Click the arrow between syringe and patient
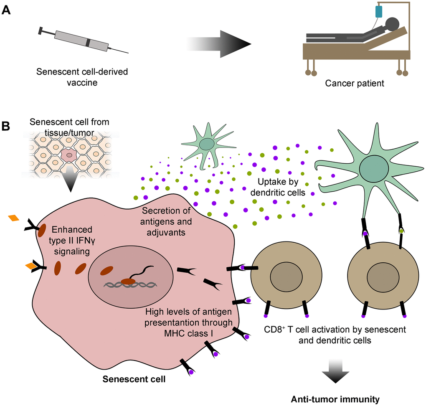click(219, 43)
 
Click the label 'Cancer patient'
click(354, 83)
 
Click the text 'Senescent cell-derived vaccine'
click(82, 77)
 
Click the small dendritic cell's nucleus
click(205, 145)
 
